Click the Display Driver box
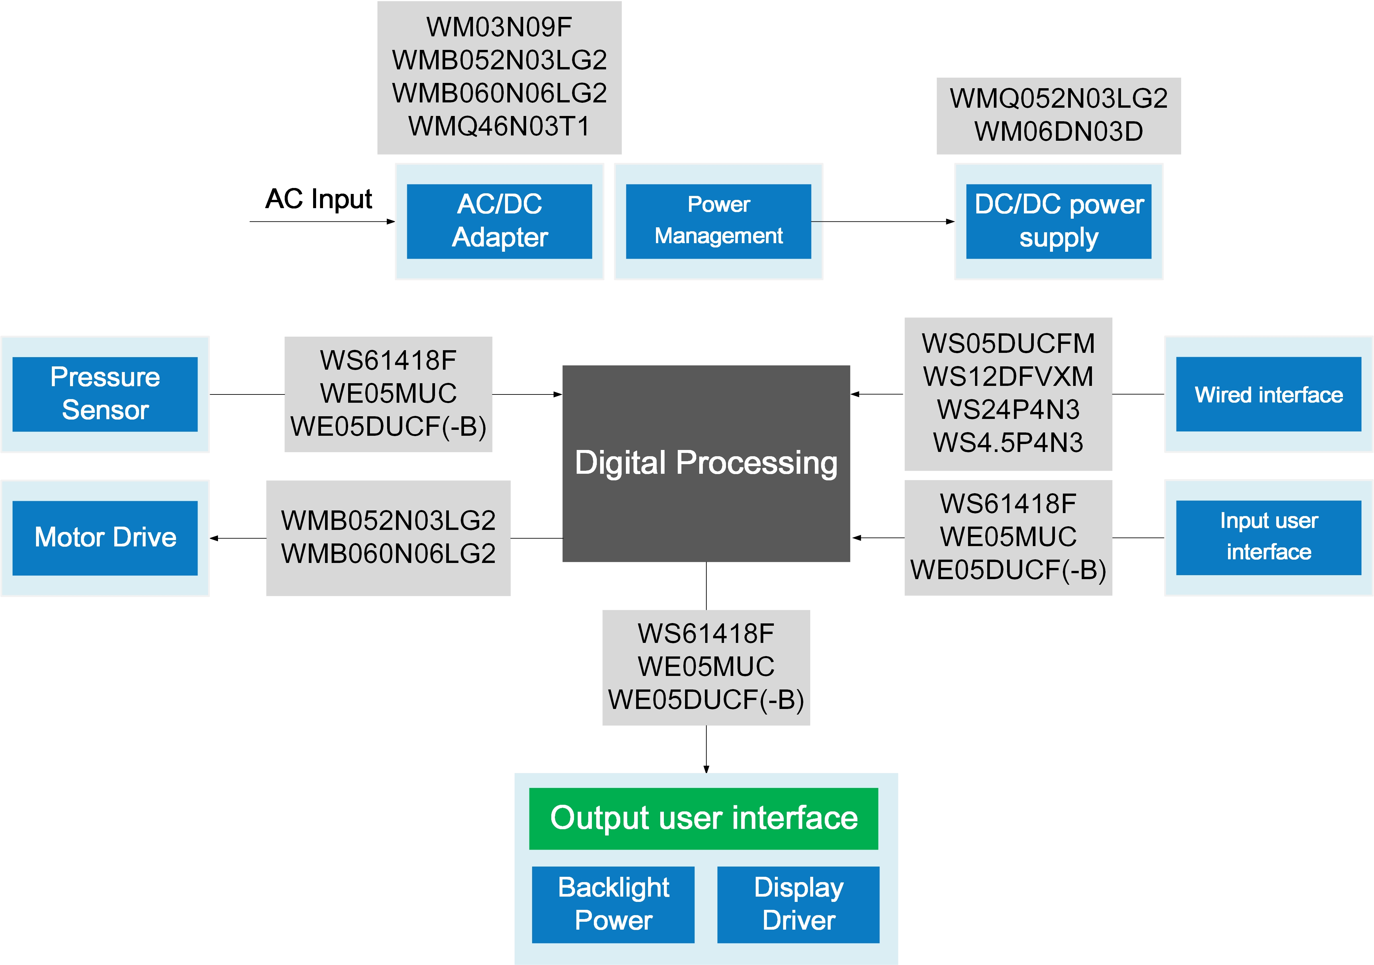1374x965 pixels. [x=798, y=904]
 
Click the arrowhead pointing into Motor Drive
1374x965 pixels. [x=214, y=538]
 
